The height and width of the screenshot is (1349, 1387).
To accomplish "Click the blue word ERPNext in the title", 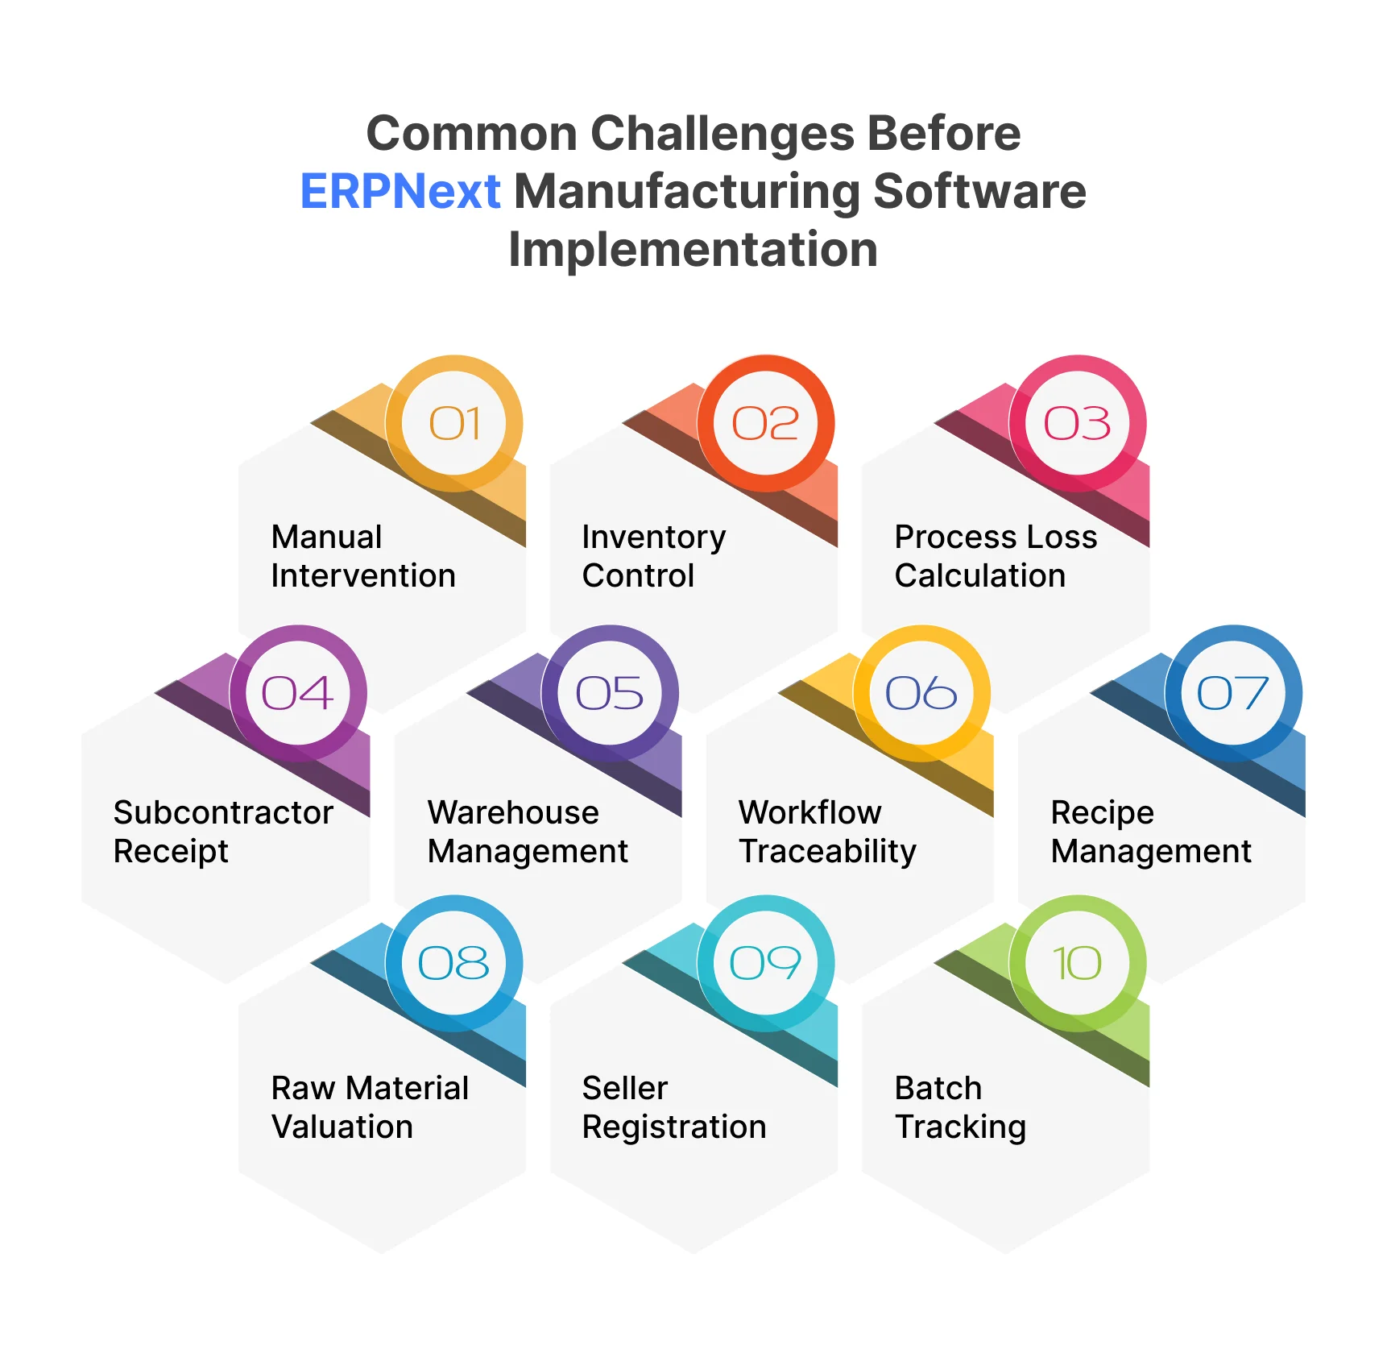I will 400,191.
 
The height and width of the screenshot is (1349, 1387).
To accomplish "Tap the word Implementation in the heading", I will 693,249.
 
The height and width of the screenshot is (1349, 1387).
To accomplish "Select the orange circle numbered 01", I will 454,423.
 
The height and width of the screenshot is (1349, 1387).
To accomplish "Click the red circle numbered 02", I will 765,423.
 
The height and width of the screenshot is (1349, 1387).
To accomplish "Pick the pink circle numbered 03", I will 1077,423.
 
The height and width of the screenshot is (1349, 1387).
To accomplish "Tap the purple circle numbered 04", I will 298,693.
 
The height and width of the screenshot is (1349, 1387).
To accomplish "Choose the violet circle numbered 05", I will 610,693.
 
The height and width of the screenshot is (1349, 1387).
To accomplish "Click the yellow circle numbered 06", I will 921,693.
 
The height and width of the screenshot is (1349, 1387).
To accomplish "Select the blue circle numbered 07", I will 1233,693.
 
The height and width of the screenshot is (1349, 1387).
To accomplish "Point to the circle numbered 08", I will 454,963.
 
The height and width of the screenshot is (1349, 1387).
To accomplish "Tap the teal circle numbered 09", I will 765,963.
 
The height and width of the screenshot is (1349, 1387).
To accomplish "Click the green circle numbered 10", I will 1077,963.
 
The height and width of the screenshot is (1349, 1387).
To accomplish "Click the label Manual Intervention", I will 362,556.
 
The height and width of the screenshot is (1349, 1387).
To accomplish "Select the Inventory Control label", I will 653,556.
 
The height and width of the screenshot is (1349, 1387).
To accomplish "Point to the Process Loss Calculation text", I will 996,556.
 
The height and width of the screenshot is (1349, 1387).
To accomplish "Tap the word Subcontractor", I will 223,812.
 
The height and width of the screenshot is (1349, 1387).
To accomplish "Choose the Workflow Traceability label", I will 827,832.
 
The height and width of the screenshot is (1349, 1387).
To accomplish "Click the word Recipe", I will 1102,812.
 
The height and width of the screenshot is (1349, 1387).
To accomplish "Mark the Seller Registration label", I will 673,1107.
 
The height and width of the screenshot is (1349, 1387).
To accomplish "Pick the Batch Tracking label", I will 960,1107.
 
